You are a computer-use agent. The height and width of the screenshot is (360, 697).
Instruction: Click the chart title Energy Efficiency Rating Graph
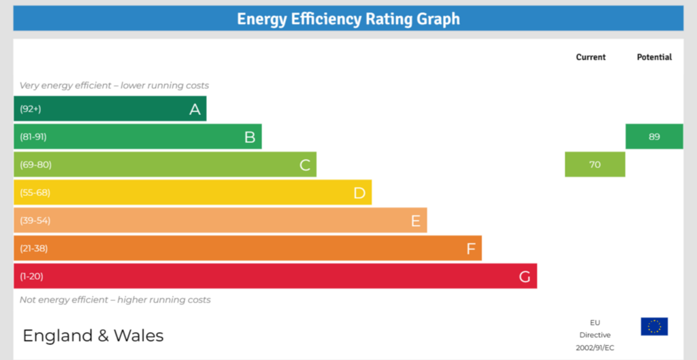[348, 19]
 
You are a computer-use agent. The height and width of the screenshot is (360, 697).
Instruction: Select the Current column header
[590, 57]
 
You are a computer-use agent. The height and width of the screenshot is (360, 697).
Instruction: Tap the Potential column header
[654, 57]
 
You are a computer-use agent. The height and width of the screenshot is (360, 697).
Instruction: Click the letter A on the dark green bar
[195, 109]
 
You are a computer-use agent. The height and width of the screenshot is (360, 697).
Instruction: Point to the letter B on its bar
[250, 137]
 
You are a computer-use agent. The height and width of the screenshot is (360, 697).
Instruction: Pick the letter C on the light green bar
[305, 165]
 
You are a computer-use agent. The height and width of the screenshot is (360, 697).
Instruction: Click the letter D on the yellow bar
[359, 193]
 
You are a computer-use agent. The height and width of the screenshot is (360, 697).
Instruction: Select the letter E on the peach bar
[415, 220]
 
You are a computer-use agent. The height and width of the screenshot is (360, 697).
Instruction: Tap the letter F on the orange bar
[470, 248]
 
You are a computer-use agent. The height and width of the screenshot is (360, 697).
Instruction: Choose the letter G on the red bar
[525, 276]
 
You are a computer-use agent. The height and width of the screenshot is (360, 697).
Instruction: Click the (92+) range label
[31, 109]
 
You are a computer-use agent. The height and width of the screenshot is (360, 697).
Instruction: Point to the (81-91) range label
[33, 137]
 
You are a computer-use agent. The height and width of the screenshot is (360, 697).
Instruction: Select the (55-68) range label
[35, 193]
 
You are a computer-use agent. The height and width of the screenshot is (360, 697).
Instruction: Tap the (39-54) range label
[35, 220]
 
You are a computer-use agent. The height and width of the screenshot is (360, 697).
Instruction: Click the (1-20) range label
[32, 276]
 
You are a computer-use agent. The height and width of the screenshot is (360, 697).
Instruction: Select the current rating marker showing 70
[595, 165]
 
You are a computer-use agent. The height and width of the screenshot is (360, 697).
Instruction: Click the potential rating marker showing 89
[654, 137]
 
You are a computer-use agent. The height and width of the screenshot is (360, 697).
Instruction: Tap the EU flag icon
[654, 327]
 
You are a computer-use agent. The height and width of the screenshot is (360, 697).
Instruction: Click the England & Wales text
[93, 336]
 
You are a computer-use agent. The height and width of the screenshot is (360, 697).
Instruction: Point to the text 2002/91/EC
[595, 348]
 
